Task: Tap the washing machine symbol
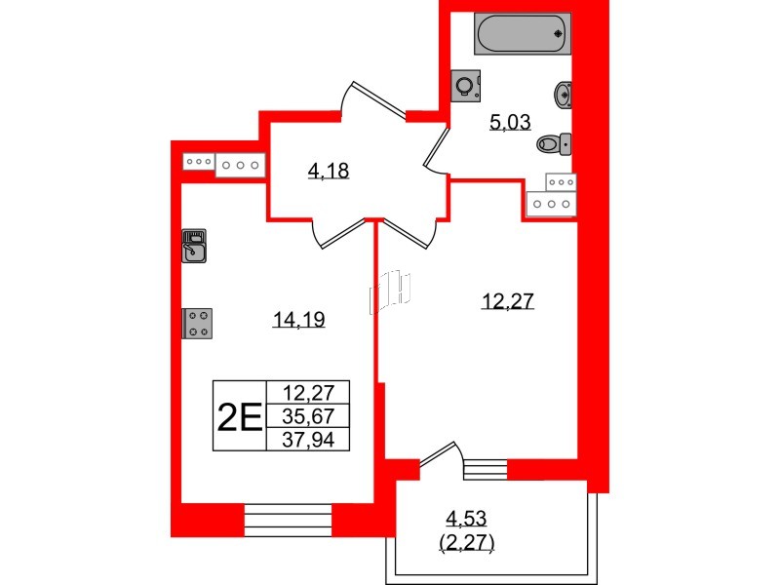tap(465, 86)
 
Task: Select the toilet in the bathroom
tap(554, 144)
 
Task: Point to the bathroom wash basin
tap(563, 95)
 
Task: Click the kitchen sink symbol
tap(194, 246)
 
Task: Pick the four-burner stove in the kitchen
tap(198, 323)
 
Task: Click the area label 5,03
tap(508, 122)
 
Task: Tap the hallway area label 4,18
tap(329, 172)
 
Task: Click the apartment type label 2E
tap(239, 416)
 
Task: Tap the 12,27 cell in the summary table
tap(307, 394)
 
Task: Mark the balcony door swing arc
tap(439, 455)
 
